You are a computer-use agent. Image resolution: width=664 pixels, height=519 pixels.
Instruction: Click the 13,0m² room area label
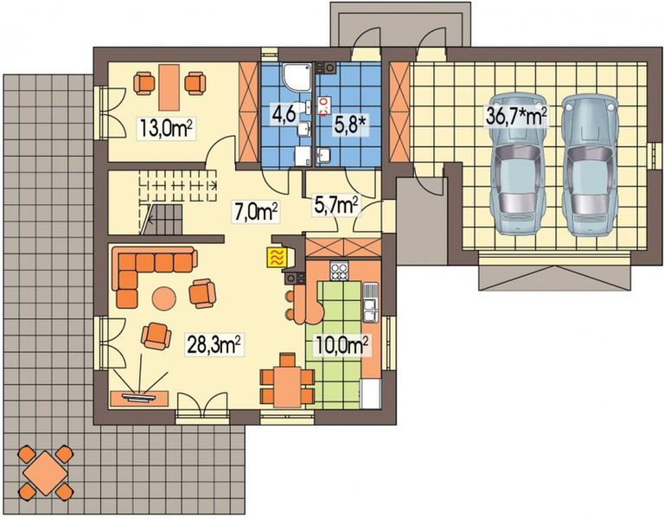click(165, 129)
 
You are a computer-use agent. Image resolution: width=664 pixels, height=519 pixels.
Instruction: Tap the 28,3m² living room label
click(214, 346)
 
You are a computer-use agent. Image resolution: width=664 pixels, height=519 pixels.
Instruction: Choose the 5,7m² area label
click(335, 204)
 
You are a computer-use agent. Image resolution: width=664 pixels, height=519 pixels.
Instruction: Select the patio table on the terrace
click(42, 472)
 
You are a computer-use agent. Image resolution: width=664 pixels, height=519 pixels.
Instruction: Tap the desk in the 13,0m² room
click(170, 81)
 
